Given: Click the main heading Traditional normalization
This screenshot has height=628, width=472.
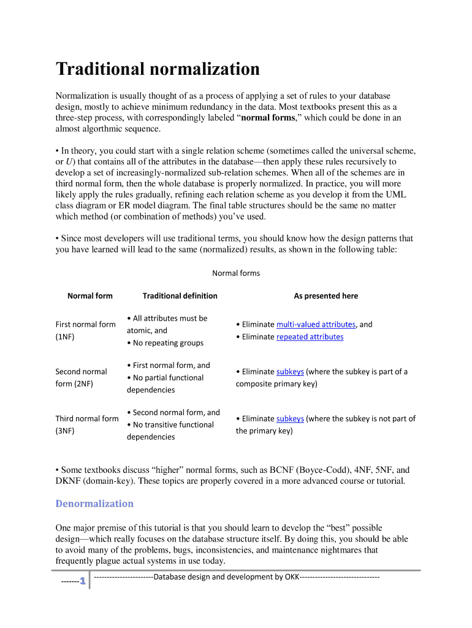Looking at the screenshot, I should [x=158, y=69].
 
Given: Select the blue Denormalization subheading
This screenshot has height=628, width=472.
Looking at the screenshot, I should [x=94, y=504].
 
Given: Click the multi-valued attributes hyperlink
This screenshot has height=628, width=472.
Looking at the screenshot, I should [x=316, y=324].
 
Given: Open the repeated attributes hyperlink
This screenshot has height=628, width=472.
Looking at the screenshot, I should [x=310, y=337].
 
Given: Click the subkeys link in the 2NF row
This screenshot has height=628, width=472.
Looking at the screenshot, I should [x=290, y=372].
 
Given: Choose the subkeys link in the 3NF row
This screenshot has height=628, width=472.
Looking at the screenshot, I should [x=290, y=419].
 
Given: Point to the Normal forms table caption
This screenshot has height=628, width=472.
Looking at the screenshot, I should [x=236, y=273].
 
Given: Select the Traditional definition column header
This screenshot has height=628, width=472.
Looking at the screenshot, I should [x=180, y=296].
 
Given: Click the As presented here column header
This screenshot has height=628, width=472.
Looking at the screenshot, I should [x=325, y=296].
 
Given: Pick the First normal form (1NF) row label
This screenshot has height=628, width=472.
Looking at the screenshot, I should [x=85, y=331].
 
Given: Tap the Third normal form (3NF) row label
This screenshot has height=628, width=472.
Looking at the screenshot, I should [x=86, y=424].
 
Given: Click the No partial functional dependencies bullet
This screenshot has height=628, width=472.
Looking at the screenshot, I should [x=165, y=384].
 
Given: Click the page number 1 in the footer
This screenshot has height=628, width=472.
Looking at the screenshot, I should [x=81, y=581].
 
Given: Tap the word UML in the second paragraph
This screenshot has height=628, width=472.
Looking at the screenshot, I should [x=395, y=195].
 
